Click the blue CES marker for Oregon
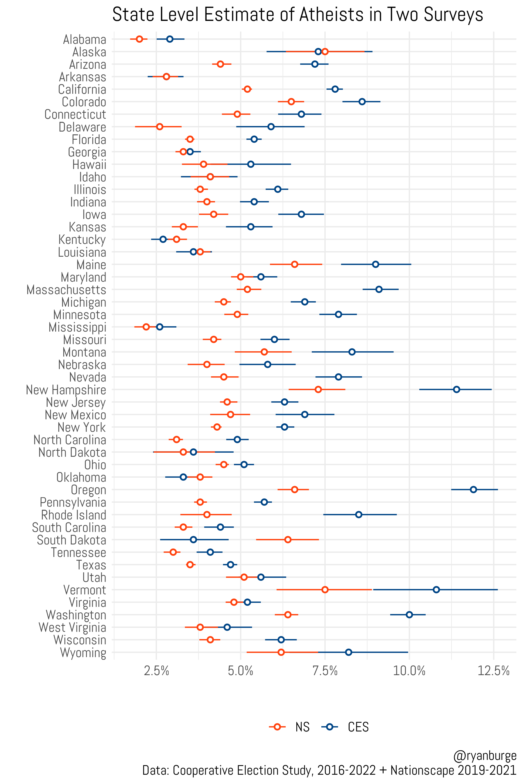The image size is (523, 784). [473, 489]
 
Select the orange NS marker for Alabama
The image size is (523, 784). [139, 39]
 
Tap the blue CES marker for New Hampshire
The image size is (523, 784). [456, 389]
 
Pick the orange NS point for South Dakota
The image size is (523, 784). [288, 539]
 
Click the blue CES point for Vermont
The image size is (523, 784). [436, 590]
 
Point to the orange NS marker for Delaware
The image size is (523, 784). [160, 127]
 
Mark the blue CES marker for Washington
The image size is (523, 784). [409, 615]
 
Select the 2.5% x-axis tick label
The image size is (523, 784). [156, 671]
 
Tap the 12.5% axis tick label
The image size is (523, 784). [493, 671]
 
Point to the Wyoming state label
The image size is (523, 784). [83, 653]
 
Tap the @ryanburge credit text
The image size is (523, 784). [484, 756]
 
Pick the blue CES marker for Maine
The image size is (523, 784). [375, 264]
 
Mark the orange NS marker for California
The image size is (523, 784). [247, 89]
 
